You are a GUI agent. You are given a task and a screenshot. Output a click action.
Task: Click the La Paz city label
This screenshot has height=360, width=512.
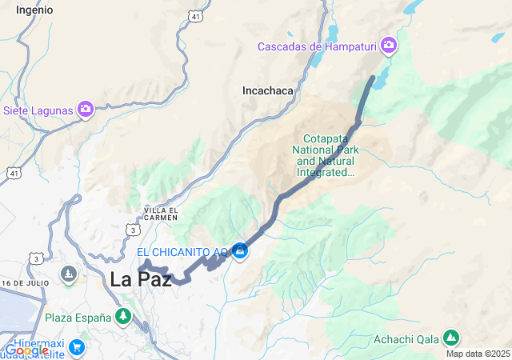tap(141, 280)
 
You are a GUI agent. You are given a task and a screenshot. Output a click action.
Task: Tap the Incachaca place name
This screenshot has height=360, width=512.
tap(267, 91)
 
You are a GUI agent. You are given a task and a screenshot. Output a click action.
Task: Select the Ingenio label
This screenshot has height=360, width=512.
tap(34, 10)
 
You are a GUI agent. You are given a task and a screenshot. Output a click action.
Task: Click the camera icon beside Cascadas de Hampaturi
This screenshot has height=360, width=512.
tap(389, 46)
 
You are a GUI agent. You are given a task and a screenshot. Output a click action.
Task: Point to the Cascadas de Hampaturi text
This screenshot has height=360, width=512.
tap(318, 46)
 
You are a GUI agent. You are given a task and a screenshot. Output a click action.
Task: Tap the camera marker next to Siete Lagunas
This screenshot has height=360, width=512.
tap(86, 110)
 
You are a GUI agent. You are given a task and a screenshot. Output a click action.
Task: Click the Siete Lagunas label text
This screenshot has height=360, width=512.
tap(38, 110)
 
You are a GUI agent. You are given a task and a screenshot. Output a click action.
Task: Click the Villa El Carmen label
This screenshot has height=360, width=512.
tap(161, 213)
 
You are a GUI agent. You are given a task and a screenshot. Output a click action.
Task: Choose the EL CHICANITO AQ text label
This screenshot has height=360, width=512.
tap(182, 253)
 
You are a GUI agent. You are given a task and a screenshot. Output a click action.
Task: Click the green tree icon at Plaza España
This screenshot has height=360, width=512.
tap(122, 318)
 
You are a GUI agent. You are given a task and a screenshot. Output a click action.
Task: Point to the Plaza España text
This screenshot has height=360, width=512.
tap(78, 318)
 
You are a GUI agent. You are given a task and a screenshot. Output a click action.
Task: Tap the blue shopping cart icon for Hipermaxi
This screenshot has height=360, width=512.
tap(77, 346)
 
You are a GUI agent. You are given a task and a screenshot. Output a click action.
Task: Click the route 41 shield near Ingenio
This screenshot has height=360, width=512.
tap(195, 15)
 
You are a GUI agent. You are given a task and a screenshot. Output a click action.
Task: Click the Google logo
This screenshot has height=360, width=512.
tap(26, 350)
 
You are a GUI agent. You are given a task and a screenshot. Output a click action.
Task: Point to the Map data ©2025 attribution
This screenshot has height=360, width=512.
tap(478, 354)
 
